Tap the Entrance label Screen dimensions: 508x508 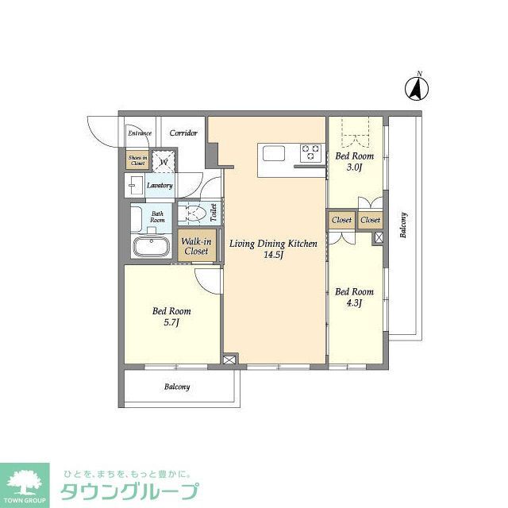pos(140,133)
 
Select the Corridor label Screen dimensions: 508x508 pos(183,133)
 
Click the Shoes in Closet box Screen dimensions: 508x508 pos(137,161)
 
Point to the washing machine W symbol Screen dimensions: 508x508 pos(164,162)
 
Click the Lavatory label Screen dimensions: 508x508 pos(160,186)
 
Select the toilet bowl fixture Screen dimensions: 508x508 pos(195,214)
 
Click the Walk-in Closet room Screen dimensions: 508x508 pos(195,245)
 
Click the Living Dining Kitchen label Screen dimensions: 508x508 pos(274,244)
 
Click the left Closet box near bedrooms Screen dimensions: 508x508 pos(341,220)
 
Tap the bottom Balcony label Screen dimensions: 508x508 pos(177,387)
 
